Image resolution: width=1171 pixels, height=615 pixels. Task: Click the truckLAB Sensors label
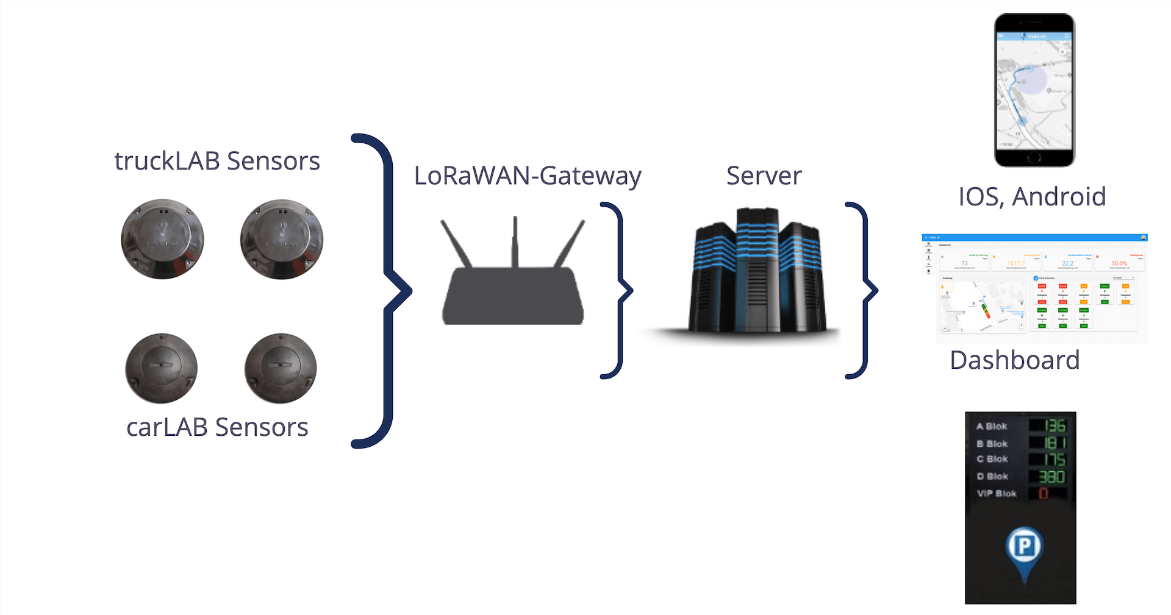coord(217,161)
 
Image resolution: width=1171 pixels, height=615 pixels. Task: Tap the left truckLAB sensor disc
coord(162,239)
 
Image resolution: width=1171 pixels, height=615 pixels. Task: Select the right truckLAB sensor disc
coord(281,239)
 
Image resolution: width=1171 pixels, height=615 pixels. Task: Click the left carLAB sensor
coord(162,368)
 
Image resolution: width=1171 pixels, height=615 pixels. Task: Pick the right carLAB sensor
coord(281,368)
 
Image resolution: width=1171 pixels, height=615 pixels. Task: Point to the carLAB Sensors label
coord(217,427)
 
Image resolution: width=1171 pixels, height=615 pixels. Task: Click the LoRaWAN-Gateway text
coord(528,176)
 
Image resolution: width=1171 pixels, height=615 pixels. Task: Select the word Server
coord(764,176)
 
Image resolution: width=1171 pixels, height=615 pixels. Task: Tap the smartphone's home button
coord(1034,158)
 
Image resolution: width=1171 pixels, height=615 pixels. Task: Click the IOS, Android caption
coord(1032,197)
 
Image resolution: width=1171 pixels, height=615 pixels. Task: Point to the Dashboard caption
coord(1014,360)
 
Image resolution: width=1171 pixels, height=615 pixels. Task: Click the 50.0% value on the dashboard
coord(1119,263)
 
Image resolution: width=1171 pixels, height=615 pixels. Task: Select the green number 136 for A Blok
coord(1055,425)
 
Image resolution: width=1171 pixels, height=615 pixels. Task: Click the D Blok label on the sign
coord(992,476)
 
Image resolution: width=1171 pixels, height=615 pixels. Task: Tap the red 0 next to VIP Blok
coord(1044,493)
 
